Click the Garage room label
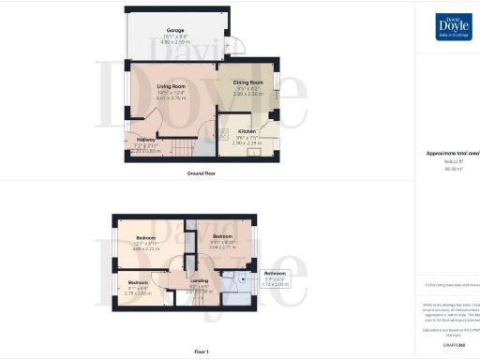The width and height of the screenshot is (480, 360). [174, 30]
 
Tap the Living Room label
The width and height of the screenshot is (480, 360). [172, 86]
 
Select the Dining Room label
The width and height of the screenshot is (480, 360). [247, 82]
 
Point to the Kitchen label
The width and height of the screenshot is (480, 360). [247, 131]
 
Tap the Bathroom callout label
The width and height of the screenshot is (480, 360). [276, 273]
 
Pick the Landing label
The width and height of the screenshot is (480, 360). [199, 280]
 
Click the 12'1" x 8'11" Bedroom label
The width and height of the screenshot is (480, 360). [145, 238]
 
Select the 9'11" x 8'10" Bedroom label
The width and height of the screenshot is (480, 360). [222, 235]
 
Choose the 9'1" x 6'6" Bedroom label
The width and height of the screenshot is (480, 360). [138, 283]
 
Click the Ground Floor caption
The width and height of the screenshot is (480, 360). [202, 172]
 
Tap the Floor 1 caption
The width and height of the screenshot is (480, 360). [202, 352]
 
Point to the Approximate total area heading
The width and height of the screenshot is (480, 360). [453, 152]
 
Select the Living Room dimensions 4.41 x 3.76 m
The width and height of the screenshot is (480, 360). [172, 97]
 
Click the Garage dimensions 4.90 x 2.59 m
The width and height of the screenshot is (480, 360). [174, 41]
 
